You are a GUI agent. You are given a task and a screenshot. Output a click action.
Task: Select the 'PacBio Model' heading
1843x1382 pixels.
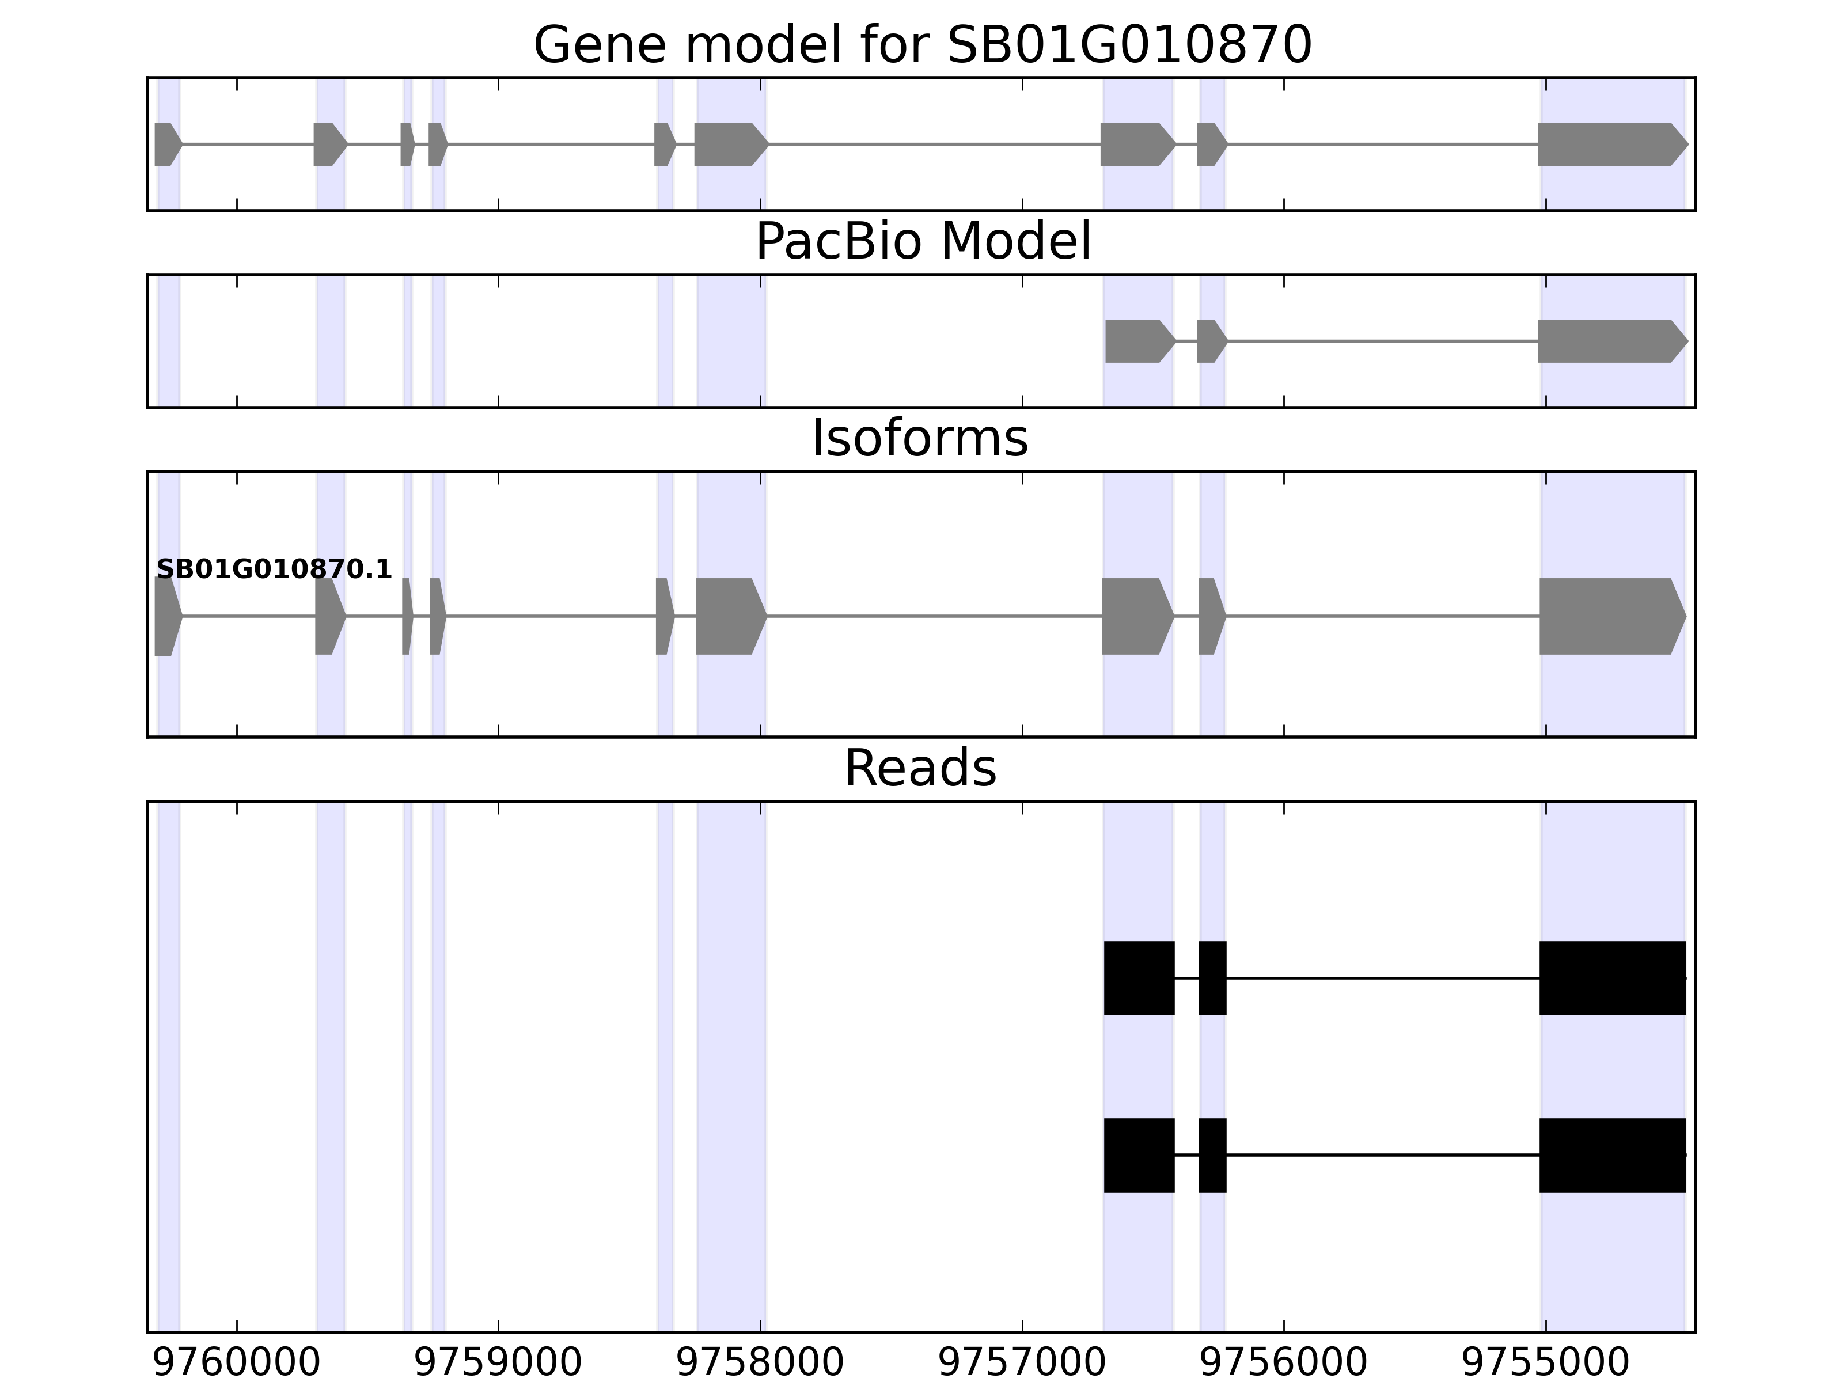922,242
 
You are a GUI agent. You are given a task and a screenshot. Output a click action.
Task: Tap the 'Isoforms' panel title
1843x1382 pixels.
920,439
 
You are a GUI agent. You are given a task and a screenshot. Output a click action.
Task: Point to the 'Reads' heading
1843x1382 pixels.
920,768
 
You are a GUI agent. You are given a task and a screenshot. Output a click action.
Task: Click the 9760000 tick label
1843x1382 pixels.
237,1364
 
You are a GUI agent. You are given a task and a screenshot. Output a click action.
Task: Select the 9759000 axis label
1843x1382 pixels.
498,1364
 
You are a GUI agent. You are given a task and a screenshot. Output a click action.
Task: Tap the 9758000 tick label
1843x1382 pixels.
760,1364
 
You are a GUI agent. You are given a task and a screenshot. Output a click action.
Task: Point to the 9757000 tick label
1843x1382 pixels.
1022,1364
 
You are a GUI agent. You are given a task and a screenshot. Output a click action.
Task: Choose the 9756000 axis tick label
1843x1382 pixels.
1283,1364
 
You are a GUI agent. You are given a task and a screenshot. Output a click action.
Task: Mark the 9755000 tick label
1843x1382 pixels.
1546,1364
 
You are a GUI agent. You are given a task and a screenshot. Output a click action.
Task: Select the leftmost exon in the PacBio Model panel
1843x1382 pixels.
1138,341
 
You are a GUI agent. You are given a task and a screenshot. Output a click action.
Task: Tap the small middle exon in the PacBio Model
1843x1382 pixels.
1211,341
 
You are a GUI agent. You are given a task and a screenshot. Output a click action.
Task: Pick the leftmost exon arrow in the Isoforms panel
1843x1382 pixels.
166,617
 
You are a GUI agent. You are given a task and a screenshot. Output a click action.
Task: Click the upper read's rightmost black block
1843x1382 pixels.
1612,978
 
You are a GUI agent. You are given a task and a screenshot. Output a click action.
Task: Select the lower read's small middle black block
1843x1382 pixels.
1212,1155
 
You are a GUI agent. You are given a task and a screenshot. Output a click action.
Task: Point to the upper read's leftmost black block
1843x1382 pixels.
1139,978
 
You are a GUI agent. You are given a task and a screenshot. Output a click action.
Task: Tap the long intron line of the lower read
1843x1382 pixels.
1383,1155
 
